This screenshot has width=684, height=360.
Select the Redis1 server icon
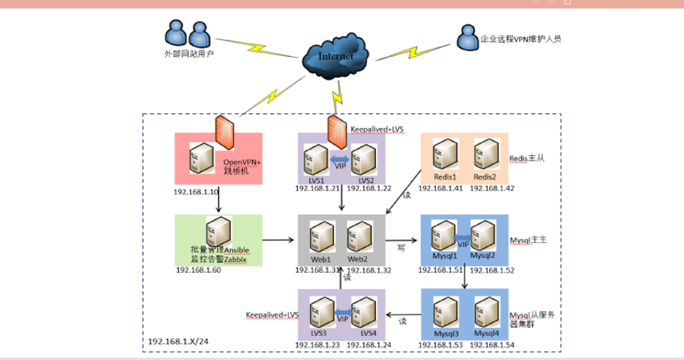point(442,157)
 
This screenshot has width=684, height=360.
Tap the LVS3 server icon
point(321,313)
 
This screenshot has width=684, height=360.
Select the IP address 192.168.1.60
point(199,269)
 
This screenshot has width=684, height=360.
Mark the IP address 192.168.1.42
point(492,189)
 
